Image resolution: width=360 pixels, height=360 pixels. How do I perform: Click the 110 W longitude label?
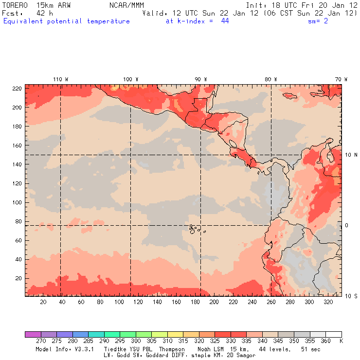click(60, 79)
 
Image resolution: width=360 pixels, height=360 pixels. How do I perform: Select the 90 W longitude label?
click(201, 79)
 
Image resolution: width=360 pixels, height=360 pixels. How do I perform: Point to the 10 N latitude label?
click(351, 155)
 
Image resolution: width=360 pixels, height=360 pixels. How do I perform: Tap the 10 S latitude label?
click(351, 296)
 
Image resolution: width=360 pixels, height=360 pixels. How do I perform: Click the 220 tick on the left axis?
click(17, 89)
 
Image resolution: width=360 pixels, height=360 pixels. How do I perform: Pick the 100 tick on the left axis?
click(17, 202)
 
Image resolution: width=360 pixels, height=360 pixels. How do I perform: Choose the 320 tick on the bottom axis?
click(328, 303)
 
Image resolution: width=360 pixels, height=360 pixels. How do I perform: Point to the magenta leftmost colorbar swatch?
click(33, 335)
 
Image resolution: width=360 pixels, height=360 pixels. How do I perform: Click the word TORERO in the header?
click(15, 5)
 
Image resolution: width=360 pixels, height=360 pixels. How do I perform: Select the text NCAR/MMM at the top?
click(124, 5)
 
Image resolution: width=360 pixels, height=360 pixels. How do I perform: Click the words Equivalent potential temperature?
click(67, 21)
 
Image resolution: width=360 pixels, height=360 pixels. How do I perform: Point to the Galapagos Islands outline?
click(194, 228)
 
